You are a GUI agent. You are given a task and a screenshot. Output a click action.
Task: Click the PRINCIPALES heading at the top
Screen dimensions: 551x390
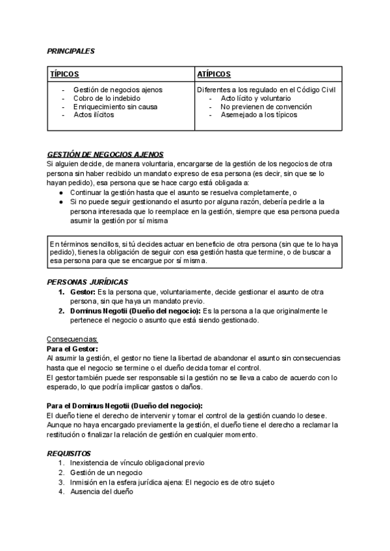coord(71,50)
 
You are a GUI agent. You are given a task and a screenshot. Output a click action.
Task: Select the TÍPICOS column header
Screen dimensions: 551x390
coord(65,75)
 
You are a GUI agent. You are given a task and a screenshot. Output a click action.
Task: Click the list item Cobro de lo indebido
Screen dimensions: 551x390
coord(106,98)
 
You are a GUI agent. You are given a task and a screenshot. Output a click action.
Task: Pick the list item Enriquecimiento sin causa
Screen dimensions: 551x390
coord(116,107)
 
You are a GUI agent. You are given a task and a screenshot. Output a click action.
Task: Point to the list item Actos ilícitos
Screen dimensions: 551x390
coord(94,115)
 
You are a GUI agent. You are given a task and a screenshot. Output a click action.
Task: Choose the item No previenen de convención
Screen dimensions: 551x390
coord(266,107)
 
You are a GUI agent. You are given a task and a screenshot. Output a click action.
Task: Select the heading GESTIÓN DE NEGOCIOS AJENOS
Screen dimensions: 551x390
coord(105,155)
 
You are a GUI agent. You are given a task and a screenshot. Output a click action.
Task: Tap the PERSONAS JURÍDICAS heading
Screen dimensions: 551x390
coord(88,282)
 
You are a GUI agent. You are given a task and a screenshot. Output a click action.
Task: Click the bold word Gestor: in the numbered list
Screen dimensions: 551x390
coord(83,292)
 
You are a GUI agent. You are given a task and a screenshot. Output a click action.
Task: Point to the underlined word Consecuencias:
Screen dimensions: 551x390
coord(72,339)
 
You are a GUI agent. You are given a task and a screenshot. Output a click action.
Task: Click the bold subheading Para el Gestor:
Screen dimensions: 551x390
coord(73,349)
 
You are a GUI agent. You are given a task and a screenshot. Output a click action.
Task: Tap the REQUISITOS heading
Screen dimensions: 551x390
coord(69,453)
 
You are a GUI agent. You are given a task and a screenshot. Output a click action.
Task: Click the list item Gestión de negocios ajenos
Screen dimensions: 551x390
coord(118,90)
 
